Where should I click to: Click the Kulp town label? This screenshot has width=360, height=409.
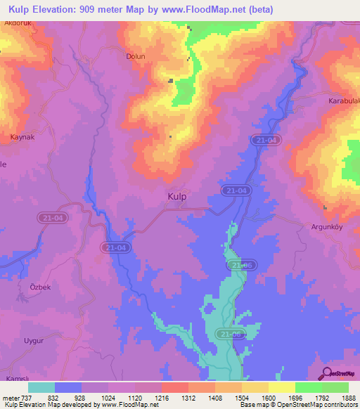[177, 197]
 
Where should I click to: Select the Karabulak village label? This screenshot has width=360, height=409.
[344, 101]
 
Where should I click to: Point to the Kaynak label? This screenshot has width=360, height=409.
[22, 136]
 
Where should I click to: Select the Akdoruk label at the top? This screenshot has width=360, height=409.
[18, 22]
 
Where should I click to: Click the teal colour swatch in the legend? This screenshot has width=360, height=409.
[41, 387]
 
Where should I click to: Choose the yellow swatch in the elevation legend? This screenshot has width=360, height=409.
[281, 387]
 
